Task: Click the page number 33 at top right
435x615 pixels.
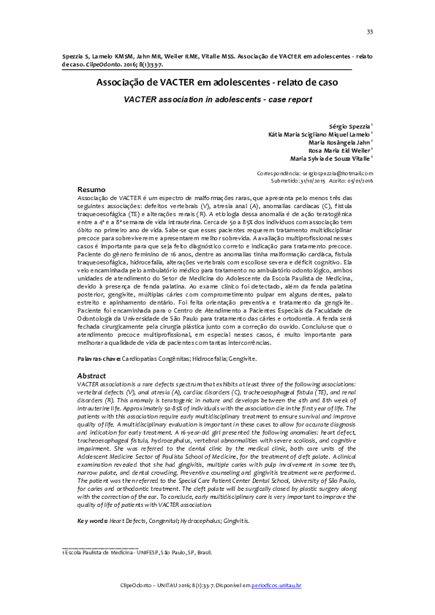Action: (x=370, y=31)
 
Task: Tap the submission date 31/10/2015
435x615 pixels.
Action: (x=309, y=180)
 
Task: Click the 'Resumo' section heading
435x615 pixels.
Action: (x=91, y=189)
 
